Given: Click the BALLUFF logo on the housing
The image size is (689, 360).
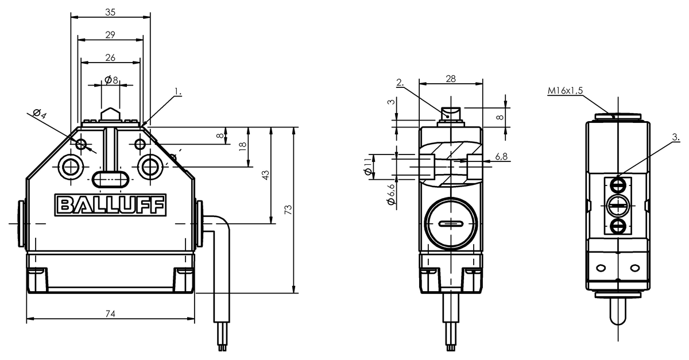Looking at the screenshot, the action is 110,205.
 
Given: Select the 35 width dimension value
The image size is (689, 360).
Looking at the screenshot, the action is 110,12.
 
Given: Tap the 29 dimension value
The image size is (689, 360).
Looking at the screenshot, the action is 110,35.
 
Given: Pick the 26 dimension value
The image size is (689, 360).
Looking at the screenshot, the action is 110,57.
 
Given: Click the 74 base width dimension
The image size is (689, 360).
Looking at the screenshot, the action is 110,313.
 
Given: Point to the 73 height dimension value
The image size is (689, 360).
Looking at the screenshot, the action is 288,210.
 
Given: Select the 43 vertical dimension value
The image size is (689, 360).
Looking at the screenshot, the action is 265,175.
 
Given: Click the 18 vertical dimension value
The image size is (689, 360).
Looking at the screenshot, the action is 243,146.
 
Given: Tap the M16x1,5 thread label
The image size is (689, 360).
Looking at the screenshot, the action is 565,91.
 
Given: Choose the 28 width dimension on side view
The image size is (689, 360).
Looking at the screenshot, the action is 451,79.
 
